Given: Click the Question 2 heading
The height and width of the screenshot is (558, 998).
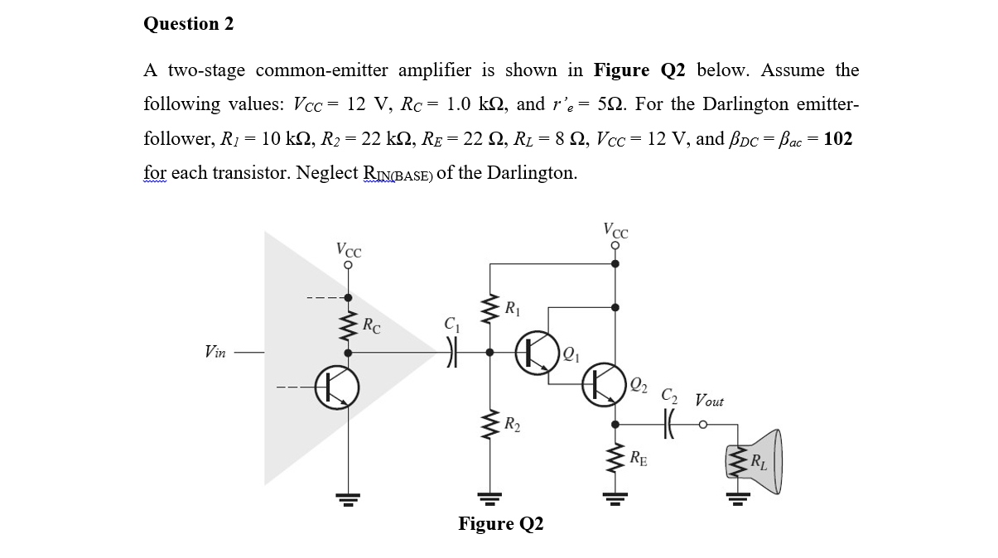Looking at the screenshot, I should point(189,24).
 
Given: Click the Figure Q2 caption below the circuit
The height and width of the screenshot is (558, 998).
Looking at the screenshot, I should point(500,524).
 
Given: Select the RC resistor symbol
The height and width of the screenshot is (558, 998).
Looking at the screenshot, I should point(348,325).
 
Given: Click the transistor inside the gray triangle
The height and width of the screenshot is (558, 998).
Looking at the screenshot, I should point(338,387).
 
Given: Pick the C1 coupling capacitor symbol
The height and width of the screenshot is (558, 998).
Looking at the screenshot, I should point(451,352).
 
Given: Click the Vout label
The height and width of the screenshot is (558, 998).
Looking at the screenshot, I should point(709,401).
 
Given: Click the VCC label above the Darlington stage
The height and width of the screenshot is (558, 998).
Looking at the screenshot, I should point(616,231).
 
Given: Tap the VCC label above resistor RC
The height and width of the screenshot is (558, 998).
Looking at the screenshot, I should point(349,248).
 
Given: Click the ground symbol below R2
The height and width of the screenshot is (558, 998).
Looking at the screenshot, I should point(490,497).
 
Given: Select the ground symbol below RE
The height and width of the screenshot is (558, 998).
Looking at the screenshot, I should point(615,497).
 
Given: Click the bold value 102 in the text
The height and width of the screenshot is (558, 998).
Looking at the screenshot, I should point(838,138).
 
